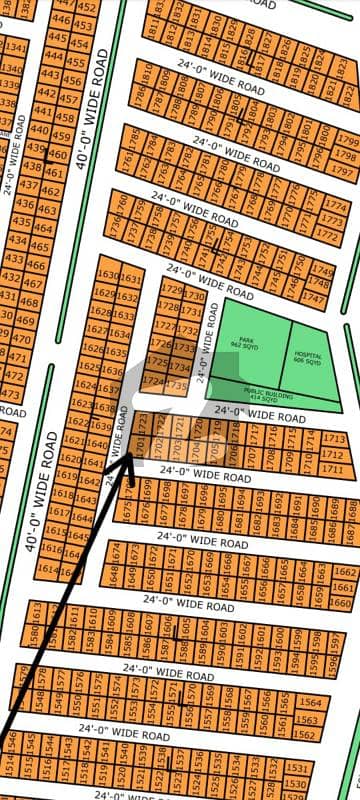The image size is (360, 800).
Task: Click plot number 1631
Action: (127, 277)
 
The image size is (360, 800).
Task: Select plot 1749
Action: (321, 270)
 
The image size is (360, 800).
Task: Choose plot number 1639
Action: (100, 408)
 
